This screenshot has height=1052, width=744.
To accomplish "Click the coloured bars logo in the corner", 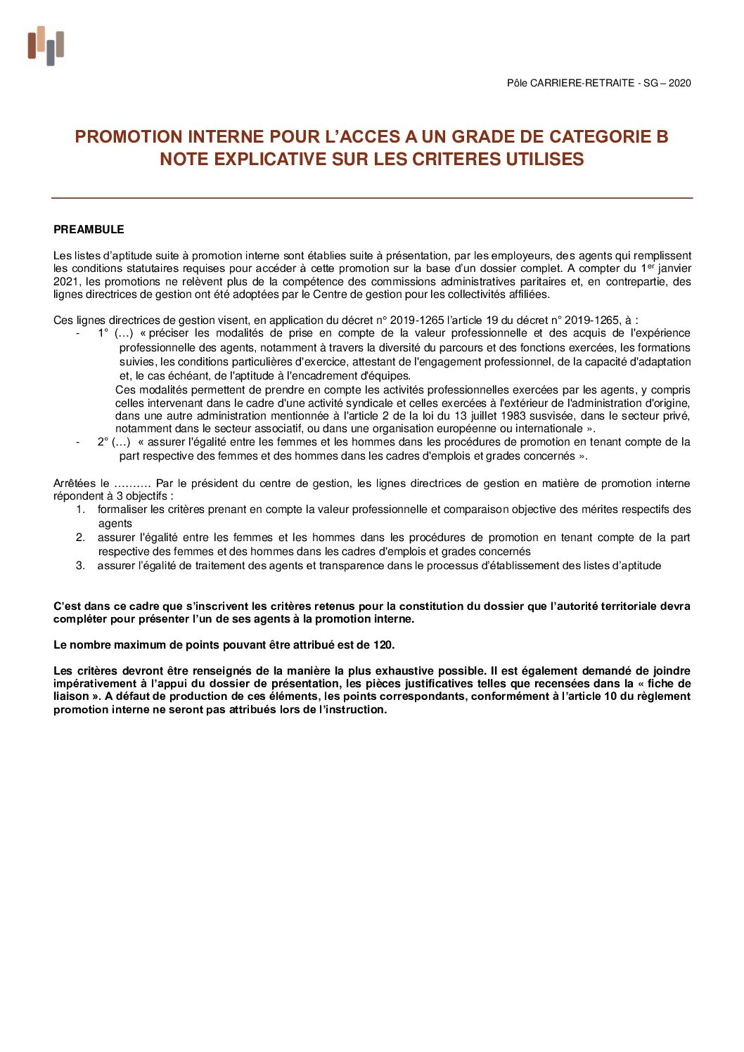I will point(46,46).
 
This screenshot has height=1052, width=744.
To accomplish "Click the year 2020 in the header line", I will point(679,83).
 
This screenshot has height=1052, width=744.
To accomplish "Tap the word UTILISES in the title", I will point(545,160).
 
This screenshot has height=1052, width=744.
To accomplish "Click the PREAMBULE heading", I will point(89,230).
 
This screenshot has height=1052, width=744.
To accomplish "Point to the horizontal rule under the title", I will point(372,198).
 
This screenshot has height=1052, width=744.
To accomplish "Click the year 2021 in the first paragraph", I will point(66,282).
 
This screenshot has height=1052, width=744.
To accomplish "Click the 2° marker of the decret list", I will point(103,442).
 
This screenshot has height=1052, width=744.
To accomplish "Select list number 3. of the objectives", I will point(81,566).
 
